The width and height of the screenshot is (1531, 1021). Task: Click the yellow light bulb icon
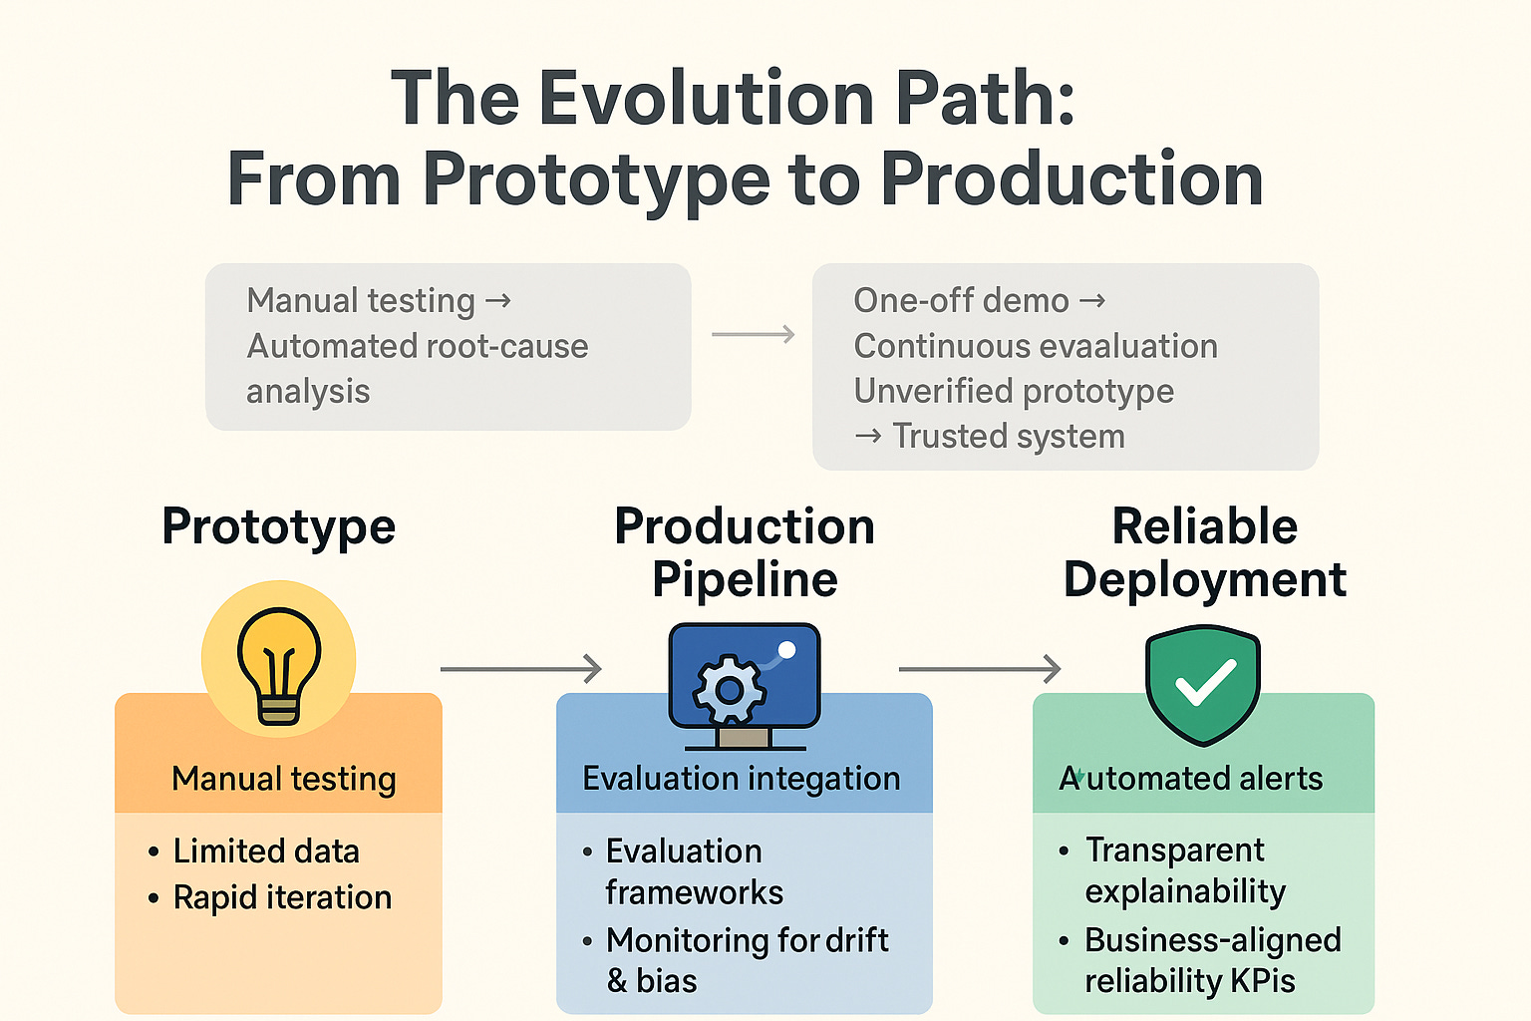279,660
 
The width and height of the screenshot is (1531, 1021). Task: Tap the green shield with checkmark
1203,684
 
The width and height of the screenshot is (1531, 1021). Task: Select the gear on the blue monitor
730,689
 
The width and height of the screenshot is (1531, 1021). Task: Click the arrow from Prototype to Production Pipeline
521,669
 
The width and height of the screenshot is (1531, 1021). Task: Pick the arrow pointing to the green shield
980,669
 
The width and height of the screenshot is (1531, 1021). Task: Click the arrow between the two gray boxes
754,335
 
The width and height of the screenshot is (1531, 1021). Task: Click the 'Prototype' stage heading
279,526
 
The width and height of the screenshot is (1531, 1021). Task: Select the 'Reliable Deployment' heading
1204,553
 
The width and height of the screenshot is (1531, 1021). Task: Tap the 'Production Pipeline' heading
745,553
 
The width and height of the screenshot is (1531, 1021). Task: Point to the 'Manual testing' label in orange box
284,779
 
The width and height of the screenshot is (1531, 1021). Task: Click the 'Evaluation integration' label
742,779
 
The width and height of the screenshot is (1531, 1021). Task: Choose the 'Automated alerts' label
1191,779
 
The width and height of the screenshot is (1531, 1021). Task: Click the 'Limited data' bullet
266,851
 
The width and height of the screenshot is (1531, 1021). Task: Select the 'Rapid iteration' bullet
282,897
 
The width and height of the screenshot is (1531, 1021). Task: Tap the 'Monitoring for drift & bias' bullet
747,960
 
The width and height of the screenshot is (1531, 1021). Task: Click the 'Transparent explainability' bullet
1185,870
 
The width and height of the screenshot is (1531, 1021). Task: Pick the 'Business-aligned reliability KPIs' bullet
1212,960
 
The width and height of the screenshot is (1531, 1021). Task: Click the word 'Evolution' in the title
707,98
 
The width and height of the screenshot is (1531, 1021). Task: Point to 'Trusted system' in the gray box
1008,437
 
